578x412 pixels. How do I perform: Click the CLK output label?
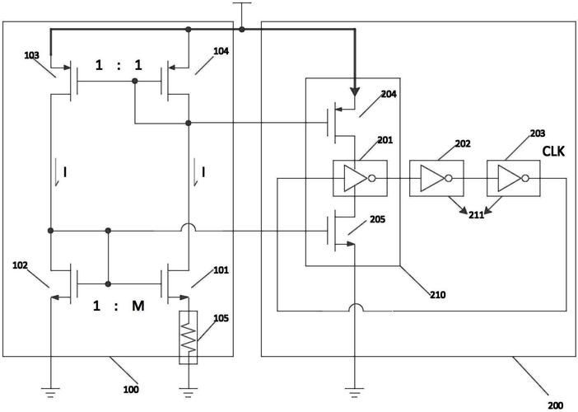[x=553, y=152]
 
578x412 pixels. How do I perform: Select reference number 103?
[x=32, y=55]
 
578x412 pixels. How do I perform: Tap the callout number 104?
[x=221, y=51]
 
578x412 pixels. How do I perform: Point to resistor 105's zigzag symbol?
[x=189, y=338]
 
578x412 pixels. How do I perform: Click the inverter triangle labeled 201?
[x=356, y=179]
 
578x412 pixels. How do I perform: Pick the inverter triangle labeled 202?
[x=432, y=179]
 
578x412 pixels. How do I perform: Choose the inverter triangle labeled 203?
[x=510, y=179]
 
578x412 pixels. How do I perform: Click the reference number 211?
[x=476, y=215]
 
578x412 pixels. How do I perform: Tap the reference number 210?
[x=437, y=295]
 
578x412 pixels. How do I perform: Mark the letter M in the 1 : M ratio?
[x=138, y=306]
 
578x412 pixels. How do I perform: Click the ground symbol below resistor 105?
[x=189, y=392]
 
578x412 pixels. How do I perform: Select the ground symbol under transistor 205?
[x=354, y=392]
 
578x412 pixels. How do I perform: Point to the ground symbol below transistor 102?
[x=50, y=392]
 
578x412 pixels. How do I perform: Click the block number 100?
[x=131, y=390]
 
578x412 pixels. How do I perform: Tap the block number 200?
[x=555, y=405]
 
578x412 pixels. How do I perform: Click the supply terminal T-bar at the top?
[x=242, y=3]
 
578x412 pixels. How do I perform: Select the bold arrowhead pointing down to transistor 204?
[x=355, y=91]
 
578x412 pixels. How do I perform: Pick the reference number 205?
[x=377, y=219]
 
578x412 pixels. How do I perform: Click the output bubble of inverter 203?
[x=525, y=179]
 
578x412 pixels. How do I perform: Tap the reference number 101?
[x=221, y=270]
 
